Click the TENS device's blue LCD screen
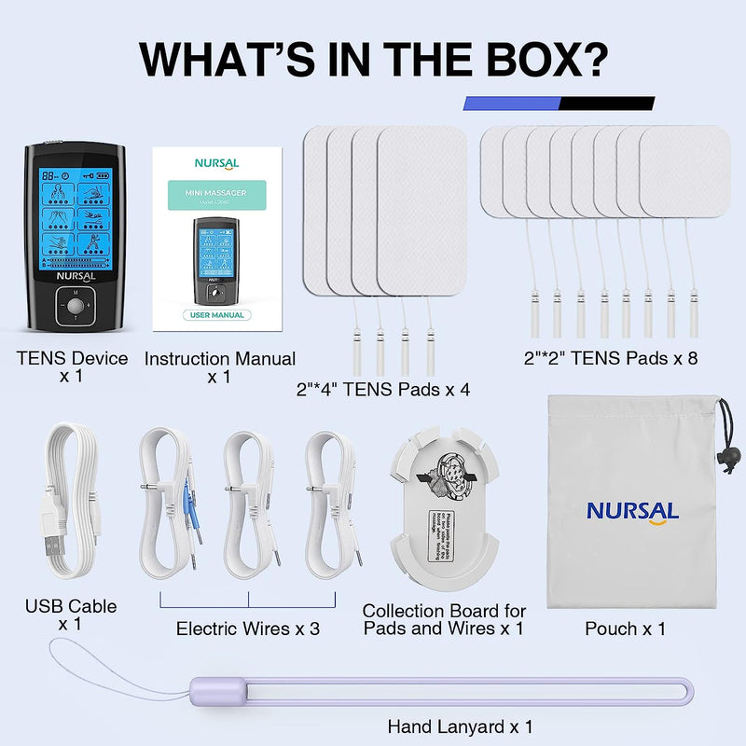click(73, 218)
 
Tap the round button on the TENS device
click(73, 305)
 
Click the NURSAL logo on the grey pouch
click(632, 511)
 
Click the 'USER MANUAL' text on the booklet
click(217, 315)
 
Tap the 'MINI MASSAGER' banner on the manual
click(217, 199)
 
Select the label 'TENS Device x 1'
click(73, 367)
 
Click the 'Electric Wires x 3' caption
click(248, 629)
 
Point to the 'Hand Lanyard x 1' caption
click(461, 725)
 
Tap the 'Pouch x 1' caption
click(625, 629)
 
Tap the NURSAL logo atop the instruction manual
click(217, 162)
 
